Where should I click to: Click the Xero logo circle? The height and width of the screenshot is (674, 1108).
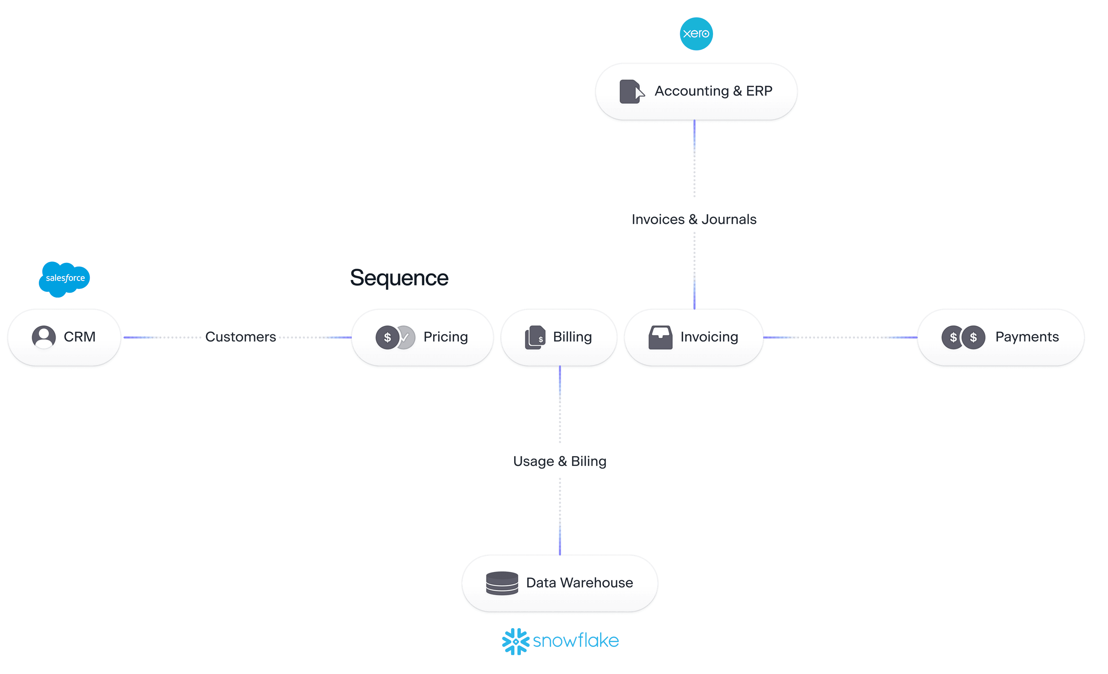696,34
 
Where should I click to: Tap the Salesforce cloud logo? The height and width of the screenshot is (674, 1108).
65,278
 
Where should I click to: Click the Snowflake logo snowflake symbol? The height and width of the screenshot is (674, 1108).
515,641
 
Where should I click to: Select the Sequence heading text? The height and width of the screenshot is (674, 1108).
399,278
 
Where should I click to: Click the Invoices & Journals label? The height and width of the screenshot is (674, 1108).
694,219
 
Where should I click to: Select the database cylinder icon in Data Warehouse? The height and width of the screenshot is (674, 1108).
502,583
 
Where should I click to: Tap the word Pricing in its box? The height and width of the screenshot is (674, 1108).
445,337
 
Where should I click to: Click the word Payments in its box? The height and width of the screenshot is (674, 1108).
1027,337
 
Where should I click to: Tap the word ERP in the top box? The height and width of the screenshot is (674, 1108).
759,91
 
